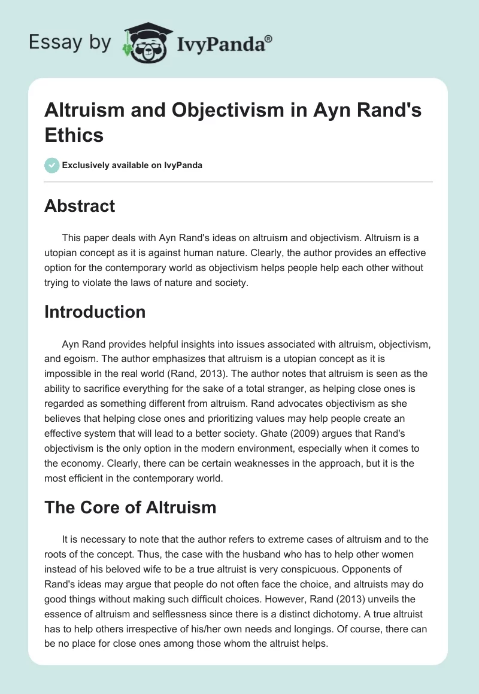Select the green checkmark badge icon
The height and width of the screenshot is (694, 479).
52,165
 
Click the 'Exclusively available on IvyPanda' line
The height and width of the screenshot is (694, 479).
132,165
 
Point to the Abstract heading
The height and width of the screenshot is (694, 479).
80,206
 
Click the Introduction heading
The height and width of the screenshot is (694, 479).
95,312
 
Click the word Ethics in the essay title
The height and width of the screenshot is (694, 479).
74,135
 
